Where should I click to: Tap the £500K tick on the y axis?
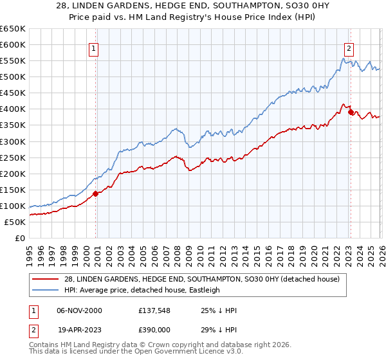click(x=12, y=77)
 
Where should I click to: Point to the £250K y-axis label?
click(x=12, y=157)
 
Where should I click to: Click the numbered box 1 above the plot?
click(x=94, y=48)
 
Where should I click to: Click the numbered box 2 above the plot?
click(x=349, y=48)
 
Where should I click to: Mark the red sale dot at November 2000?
click(x=95, y=193)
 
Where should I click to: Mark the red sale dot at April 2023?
click(x=351, y=112)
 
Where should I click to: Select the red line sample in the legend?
click(x=46, y=278)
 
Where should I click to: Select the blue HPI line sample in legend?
click(x=46, y=290)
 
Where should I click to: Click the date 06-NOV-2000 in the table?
click(x=79, y=310)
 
